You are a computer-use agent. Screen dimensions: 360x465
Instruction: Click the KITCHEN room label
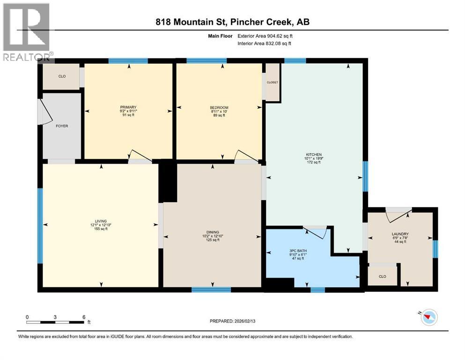(x=314, y=154)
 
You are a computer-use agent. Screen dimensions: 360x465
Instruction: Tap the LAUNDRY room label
(x=400, y=234)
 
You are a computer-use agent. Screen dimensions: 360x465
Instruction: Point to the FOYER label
(x=62, y=126)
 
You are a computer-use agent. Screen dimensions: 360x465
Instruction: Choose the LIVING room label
(x=101, y=221)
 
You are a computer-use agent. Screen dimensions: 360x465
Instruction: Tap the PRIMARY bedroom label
(x=128, y=107)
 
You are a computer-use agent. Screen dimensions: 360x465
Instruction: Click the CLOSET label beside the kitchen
(x=273, y=82)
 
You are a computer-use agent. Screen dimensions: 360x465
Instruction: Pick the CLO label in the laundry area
(x=383, y=276)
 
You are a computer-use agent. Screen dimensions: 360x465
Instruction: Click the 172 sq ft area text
(x=314, y=163)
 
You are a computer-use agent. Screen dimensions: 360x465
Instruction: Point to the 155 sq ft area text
(x=101, y=229)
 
